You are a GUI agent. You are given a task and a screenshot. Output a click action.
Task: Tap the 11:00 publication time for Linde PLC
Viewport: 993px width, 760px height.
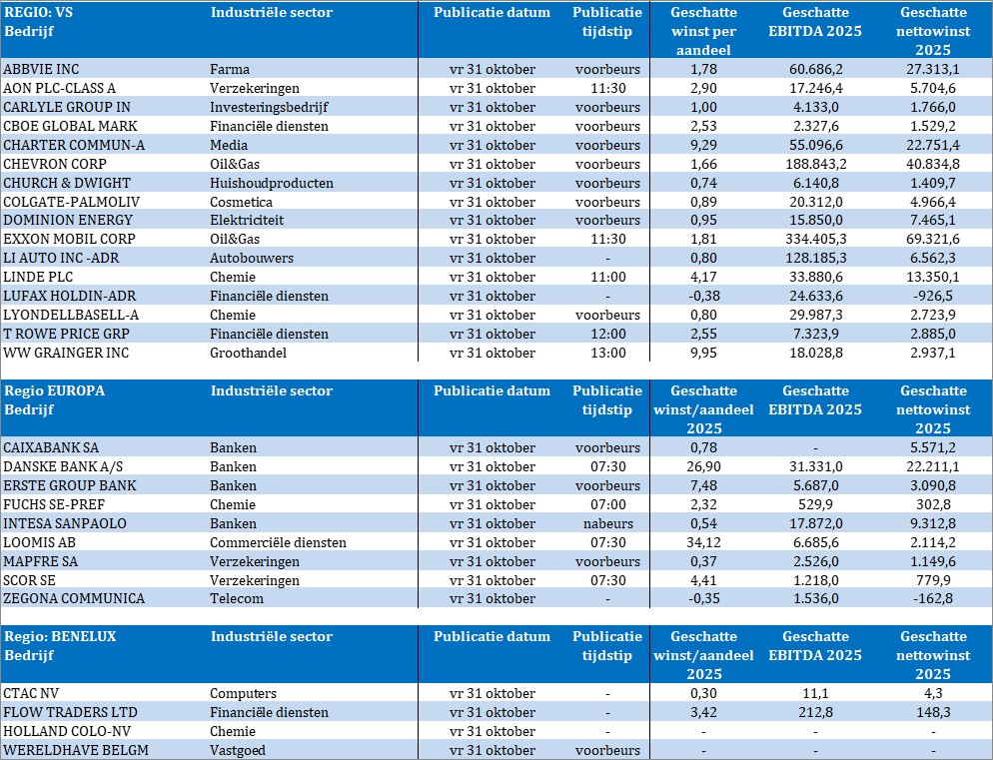point(607,277)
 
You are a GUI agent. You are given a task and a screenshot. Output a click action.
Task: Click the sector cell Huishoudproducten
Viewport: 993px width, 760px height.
point(272,183)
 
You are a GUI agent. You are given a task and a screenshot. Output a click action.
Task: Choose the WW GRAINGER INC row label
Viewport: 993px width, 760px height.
point(66,353)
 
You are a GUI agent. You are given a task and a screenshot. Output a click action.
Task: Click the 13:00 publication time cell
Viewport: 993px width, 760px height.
point(607,353)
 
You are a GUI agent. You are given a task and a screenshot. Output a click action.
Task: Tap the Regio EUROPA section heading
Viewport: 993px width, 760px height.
point(55,390)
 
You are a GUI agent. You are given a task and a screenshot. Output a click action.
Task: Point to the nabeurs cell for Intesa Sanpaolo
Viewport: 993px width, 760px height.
point(607,523)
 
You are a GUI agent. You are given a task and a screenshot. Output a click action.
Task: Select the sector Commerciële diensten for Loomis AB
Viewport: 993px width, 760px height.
point(278,542)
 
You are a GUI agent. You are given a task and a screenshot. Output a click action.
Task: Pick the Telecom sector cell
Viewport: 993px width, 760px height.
point(237,598)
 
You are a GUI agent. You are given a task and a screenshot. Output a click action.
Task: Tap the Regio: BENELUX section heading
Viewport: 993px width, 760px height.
point(60,636)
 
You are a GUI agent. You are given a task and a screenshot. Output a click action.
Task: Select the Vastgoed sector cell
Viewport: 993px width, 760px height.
point(238,750)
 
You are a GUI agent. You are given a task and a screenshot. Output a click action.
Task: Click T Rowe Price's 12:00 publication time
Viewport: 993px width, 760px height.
point(607,334)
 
